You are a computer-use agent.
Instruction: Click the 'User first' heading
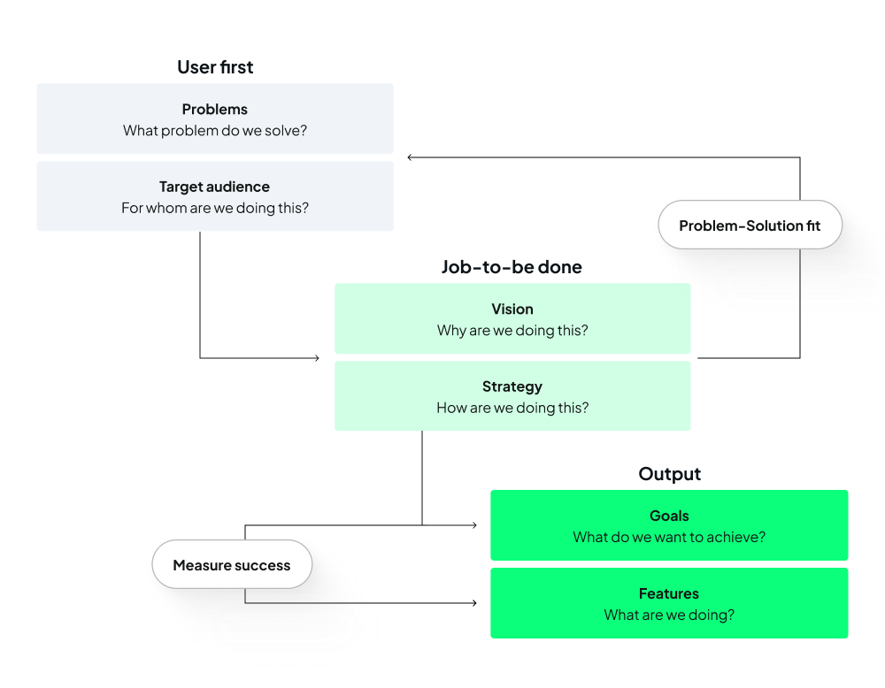click(x=215, y=67)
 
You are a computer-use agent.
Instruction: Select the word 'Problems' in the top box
click(x=215, y=110)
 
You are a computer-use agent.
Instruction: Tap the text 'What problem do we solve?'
click(x=215, y=131)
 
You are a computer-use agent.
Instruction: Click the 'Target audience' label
click(x=215, y=187)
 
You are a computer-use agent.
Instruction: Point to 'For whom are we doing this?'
click(x=215, y=209)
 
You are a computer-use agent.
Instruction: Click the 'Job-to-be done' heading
click(x=512, y=267)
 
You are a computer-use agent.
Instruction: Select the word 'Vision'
click(x=512, y=310)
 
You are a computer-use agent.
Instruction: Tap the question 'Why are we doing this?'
click(x=512, y=331)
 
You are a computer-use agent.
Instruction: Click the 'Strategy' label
click(x=512, y=386)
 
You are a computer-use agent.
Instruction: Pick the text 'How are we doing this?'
click(x=512, y=408)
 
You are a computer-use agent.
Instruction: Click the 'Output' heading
click(x=669, y=474)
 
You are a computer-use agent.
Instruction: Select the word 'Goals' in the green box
click(x=669, y=516)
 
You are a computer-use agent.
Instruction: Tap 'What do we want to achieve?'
click(x=669, y=537)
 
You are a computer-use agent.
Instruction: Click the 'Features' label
click(x=669, y=593)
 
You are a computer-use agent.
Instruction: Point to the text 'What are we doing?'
click(x=669, y=615)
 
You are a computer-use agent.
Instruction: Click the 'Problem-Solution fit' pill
click(x=750, y=226)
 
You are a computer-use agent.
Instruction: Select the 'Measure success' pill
click(x=232, y=565)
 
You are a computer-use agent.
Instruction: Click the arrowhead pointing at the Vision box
click(x=316, y=358)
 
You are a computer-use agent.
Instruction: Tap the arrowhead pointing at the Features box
click(x=473, y=603)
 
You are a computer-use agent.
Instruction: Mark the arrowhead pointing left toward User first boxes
click(x=411, y=157)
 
